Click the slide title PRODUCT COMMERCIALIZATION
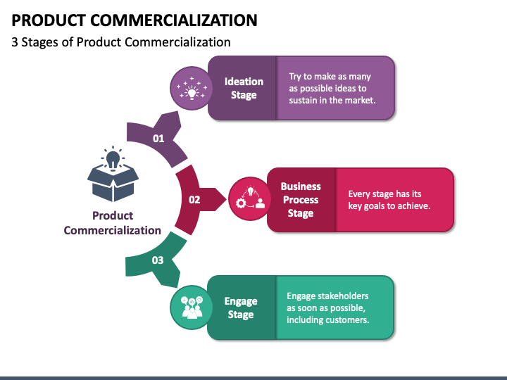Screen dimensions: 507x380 (x=134, y=20)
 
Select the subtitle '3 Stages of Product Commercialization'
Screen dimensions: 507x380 (x=121, y=42)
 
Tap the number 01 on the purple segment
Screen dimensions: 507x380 (x=158, y=139)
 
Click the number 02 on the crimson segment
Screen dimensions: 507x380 (x=194, y=200)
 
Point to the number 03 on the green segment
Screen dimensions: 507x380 (x=158, y=260)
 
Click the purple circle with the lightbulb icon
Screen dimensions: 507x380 (x=192, y=88)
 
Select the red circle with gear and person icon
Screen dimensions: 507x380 (x=250, y=198)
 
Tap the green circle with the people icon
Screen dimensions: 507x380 (x=192, y=307)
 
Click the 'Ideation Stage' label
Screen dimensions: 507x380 (x=244, y=88)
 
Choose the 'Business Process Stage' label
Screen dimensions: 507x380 (x=301, y=200)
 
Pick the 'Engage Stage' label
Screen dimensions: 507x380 (x=241, y=308)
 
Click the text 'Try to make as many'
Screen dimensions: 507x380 (x=330, y=77)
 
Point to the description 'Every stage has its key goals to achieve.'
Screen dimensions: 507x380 (x=389, y=200)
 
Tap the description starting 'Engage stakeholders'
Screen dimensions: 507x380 (x=328, y=308)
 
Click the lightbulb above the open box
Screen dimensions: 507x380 (x=113, y=158)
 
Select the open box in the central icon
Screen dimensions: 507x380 (x=113, y=183)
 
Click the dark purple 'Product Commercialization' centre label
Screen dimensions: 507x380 (x=113, y=223)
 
